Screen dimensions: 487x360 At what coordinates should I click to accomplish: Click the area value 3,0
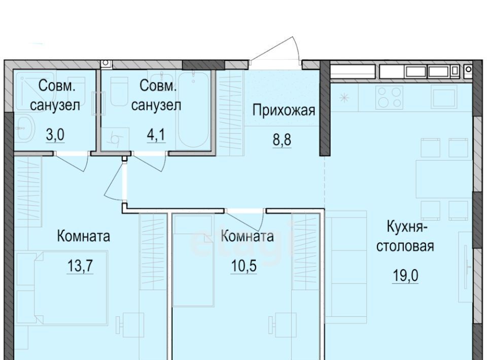pyautogui.click(x=55, y=135)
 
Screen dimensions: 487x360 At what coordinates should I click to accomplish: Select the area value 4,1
pyautogui.click(x=156, y=135)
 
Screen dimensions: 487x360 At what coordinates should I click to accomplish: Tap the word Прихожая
pyautogui.click(x=284, y=111)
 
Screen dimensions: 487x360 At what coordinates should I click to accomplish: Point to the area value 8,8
pyautogui.click(x=282, y=140)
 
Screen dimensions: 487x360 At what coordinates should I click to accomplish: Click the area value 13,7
pyautogui.click(x=80, y=266)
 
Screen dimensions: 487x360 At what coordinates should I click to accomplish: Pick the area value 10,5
pyautogui.click(x=244, y=266)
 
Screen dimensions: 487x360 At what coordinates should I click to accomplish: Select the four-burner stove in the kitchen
pyautogui.click(x=389, y=97)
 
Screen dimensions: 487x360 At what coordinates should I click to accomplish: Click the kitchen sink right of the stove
pyautogui.click(x=443, y=97)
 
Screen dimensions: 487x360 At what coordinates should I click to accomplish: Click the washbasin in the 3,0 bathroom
pyautogui.click(x=24, y=128)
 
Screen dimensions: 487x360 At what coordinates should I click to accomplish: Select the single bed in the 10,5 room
pyautogui.click(x=193, y=261)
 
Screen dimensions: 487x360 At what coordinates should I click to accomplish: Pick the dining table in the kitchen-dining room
pyautogui.click(x=444, y=179)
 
